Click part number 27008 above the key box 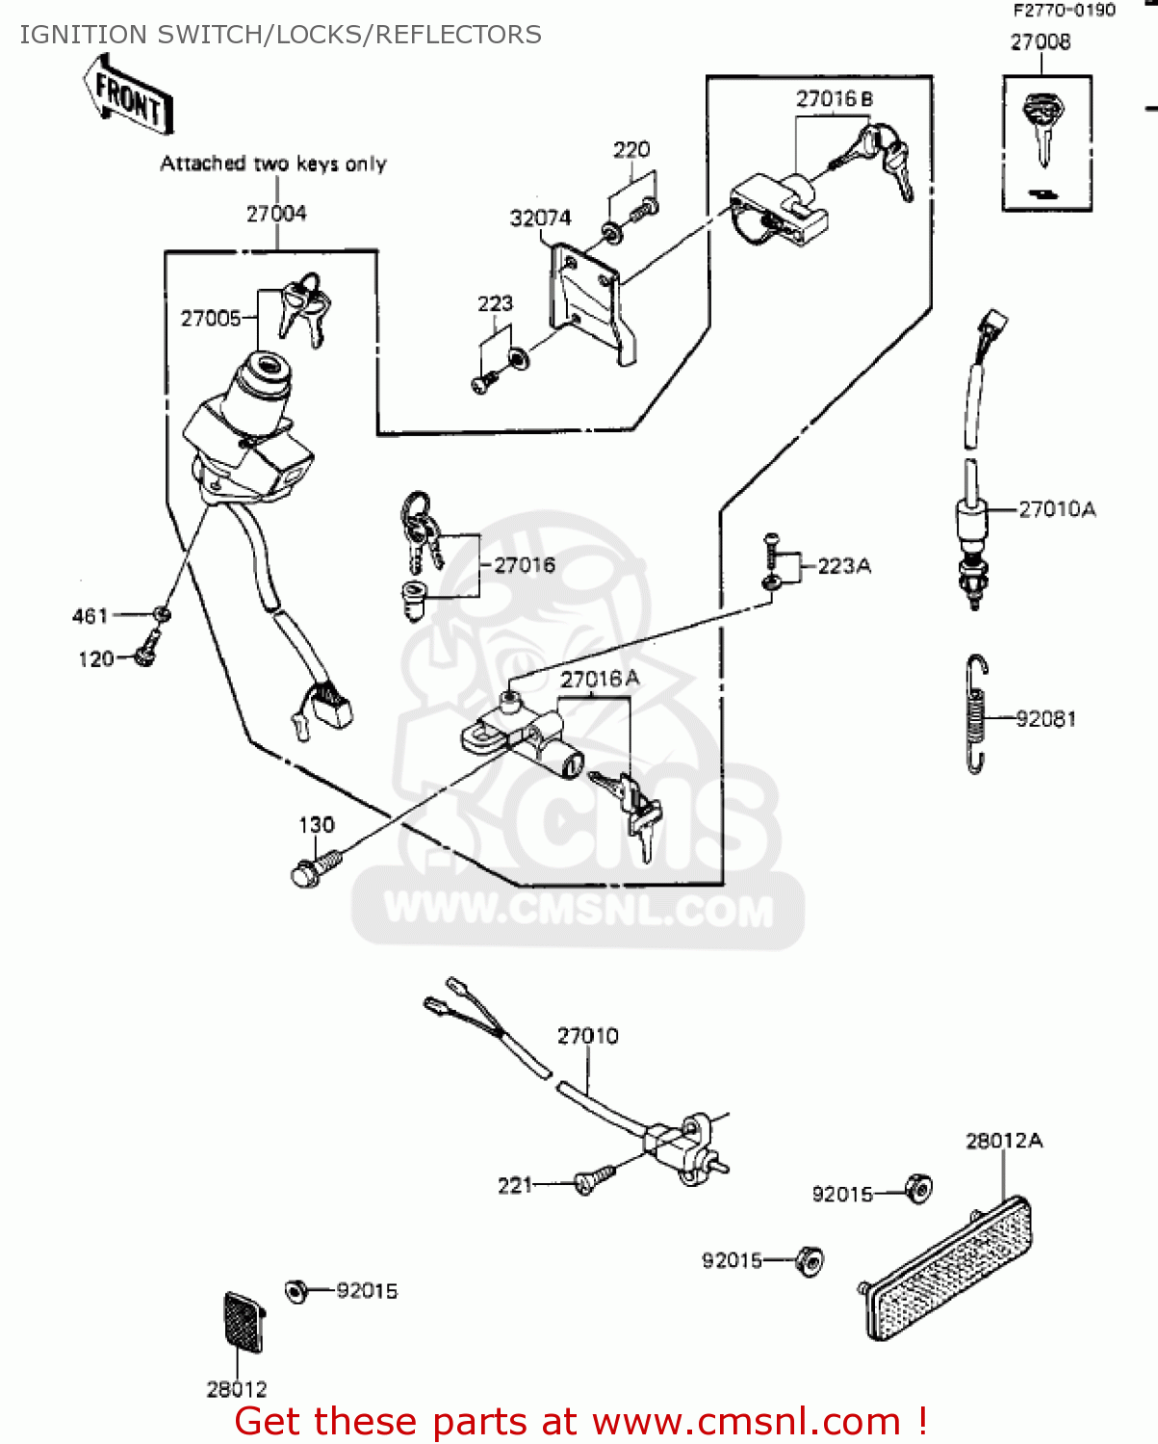pos(1040,41)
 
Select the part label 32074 pos(540,219)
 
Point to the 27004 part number pos(276,214)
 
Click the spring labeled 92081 pos(977,714)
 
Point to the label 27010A pos(1057,509)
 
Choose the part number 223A pos(844,566)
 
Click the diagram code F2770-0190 pos(1064,11)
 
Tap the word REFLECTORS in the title pos(458,35)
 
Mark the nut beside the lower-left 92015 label pos(296,1291)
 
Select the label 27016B pos(834,99)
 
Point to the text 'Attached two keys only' pos(273,164)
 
